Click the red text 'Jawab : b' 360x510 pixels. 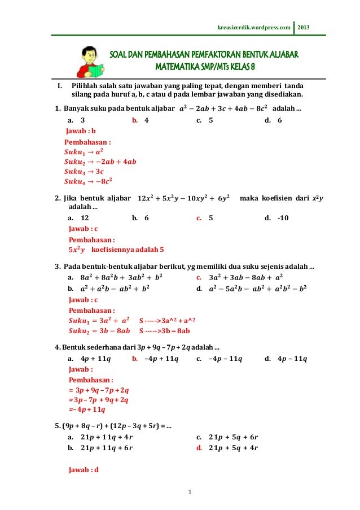pos(81,131)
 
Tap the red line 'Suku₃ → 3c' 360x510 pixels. pos(84,171)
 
